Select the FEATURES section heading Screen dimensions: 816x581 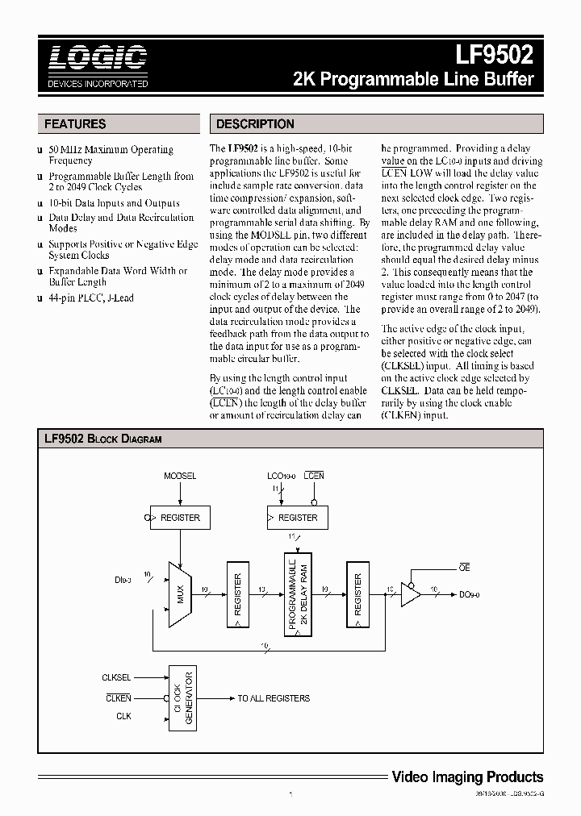point(75,124)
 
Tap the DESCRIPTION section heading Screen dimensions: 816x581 point(256,124)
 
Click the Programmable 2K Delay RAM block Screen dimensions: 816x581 point(297,595)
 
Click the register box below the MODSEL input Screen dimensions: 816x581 point(180,518)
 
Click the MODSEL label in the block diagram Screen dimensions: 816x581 point(180,476)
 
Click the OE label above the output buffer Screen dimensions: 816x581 point(464,569)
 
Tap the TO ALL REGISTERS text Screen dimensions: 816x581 point(273,698)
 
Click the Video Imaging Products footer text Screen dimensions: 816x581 point(466,777)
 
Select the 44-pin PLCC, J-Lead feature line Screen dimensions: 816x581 point(91,298)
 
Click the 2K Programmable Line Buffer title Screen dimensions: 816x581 point(412,80)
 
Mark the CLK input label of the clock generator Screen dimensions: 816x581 point(123,716)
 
